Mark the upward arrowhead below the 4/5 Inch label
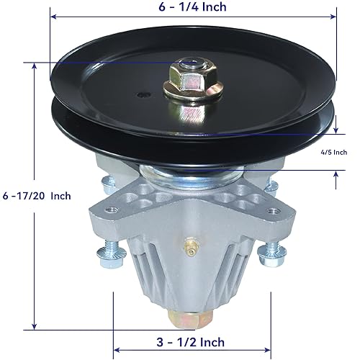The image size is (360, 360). [336, 173]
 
